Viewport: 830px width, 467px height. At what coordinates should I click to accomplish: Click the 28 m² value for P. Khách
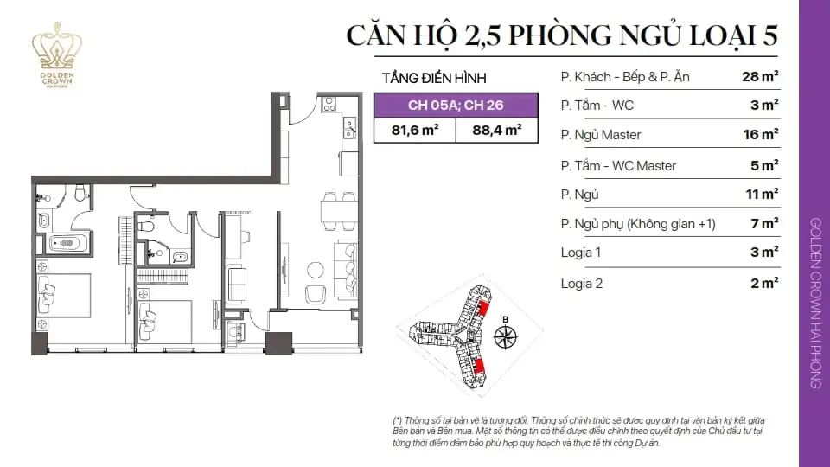coord(760,76)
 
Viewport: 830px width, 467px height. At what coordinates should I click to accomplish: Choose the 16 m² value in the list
coord(760,134)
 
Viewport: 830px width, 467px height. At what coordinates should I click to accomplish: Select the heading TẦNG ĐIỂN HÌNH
coord(431,78)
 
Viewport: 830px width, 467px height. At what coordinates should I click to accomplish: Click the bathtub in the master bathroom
coord(65,242)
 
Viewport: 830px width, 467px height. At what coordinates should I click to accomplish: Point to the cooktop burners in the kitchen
coord(329,105)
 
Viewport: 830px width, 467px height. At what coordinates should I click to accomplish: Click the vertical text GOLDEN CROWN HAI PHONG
coord(814,302)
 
